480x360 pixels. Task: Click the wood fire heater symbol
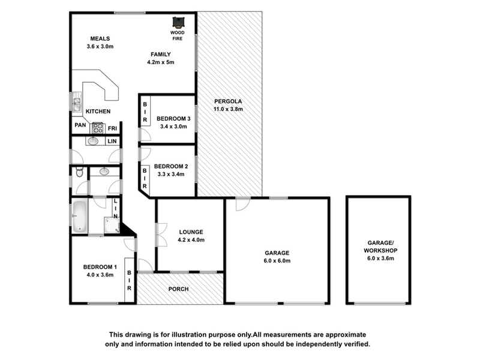178,22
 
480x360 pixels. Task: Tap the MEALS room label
100,38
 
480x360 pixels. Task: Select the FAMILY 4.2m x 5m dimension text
161,62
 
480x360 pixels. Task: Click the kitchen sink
76,102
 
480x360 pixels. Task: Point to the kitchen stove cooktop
98,128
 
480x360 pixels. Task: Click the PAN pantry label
80,125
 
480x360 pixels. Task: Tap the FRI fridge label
112,128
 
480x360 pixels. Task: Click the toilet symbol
79,172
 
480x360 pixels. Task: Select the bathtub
80,216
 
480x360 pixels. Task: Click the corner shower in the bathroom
112,225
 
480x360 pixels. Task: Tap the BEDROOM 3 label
173,118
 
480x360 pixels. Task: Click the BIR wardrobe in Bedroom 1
129,280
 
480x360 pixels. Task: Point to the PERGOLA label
228,101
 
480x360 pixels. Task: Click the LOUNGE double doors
161,235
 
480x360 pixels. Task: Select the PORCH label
178,289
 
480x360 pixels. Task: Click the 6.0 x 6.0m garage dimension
277,261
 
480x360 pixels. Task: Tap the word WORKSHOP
380,250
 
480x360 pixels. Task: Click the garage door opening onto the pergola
243,204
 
